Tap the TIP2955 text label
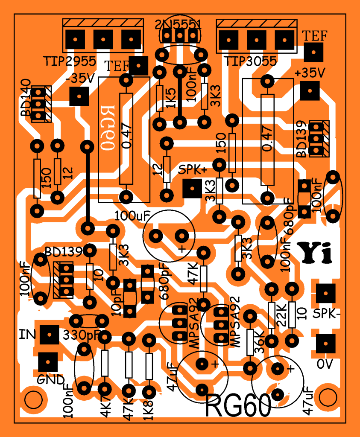pos(69,61)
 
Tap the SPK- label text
pos(327,314)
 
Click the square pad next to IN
pos(50,334)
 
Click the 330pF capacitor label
pos(82,335)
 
